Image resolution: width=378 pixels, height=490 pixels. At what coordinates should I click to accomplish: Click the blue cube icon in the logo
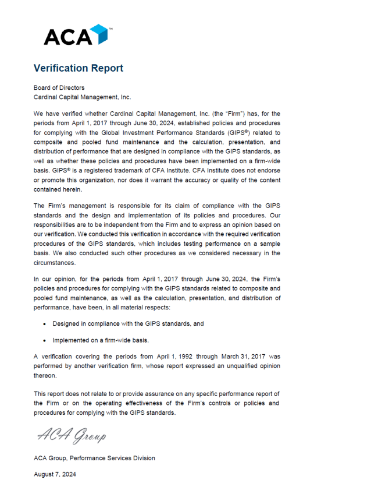(x=101, y=34)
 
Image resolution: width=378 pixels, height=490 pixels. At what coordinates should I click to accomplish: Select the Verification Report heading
(x=78, y=68)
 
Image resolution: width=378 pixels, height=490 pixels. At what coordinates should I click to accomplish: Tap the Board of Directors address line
(x=59, y=88)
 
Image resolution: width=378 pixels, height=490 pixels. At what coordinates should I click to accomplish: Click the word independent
(x=119, y=224)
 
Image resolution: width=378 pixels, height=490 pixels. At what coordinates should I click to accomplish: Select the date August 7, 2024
(x=55, y=474)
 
